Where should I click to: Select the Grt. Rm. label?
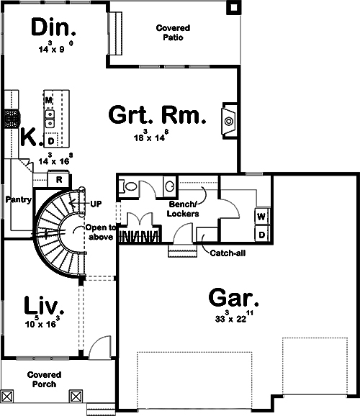pos(157,115)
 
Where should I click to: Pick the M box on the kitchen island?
pos(49,99)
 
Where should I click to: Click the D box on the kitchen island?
pos(50,140)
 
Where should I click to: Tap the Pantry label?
pos(17,199)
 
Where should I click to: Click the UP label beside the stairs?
pos(96,204)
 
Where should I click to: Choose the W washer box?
pos(261,216)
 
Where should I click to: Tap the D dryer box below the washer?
pos(261,235)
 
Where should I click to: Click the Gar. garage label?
pos(234,297)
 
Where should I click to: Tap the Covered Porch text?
pos(44,379)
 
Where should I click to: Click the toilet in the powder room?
pos(130,186)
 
